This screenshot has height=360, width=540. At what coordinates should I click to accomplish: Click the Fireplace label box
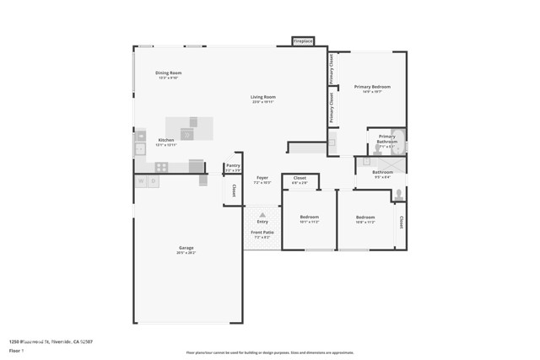303,41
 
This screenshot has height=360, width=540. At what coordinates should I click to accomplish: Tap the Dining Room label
169,73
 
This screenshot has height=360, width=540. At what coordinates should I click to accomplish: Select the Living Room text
263,97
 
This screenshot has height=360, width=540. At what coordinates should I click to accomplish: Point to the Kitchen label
166,140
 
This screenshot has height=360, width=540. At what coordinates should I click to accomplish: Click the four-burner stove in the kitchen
161,167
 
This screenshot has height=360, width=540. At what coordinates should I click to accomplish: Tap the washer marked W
140,180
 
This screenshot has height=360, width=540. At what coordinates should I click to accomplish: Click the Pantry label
233,167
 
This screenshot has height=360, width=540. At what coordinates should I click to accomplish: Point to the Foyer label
262,178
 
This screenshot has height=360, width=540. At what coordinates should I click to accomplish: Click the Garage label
186,248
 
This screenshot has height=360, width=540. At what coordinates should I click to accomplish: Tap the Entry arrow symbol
262,215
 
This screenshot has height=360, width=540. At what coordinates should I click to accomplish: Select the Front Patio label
262,232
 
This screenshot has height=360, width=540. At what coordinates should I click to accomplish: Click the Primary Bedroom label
373,87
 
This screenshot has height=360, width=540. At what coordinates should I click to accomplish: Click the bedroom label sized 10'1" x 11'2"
309,218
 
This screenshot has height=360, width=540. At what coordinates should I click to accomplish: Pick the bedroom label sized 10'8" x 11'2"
364,218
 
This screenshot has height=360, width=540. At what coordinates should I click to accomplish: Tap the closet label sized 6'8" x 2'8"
300,179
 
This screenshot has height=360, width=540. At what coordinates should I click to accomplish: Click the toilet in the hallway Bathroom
398,195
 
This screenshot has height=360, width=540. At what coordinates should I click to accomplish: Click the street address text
51,341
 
